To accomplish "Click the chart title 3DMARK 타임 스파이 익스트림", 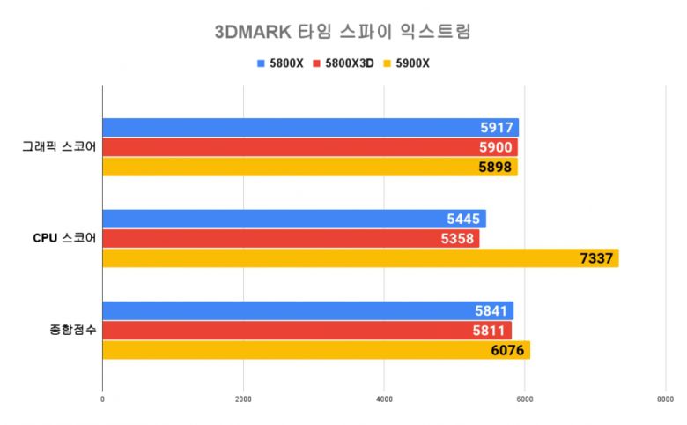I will (x=343, y=32).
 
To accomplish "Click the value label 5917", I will (x=498, y=128).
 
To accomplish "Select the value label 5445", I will (x=465, y=220).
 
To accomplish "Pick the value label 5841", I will (x=492, y=311).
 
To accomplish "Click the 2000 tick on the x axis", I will (x=243, y=399).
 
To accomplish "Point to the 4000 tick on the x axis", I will (x=384, y=399).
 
